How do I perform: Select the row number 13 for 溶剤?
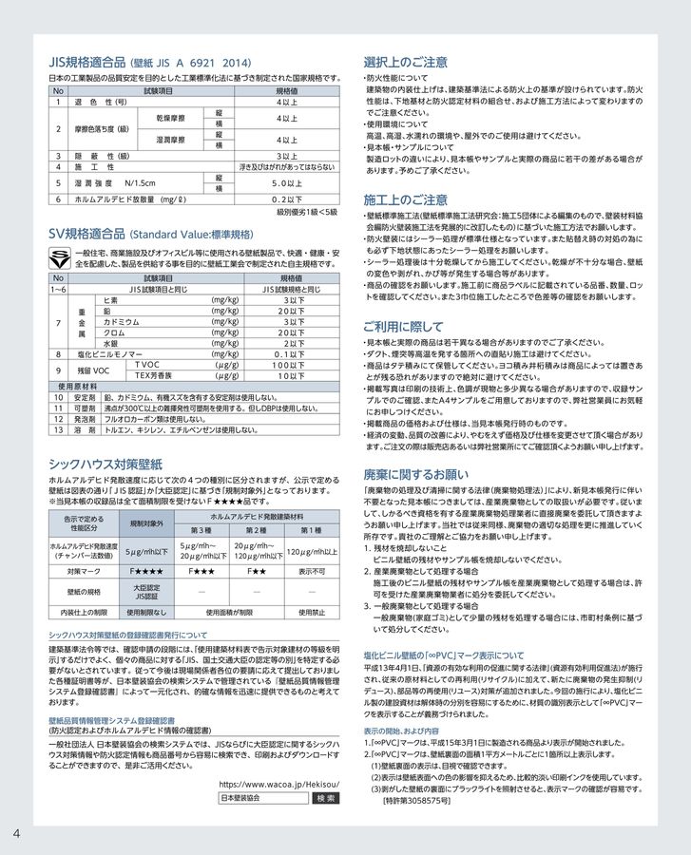pyautogui.click(x=59, y=429)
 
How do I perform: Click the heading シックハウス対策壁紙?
pyautogui.click(x=106, y=464)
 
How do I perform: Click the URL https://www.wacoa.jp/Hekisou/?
pyautogui.click(x=278, y=784)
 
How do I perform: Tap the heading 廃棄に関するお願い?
pyautogui.click(x=415, y=472)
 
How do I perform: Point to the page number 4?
pyautogui.click(x=17, y=833)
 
